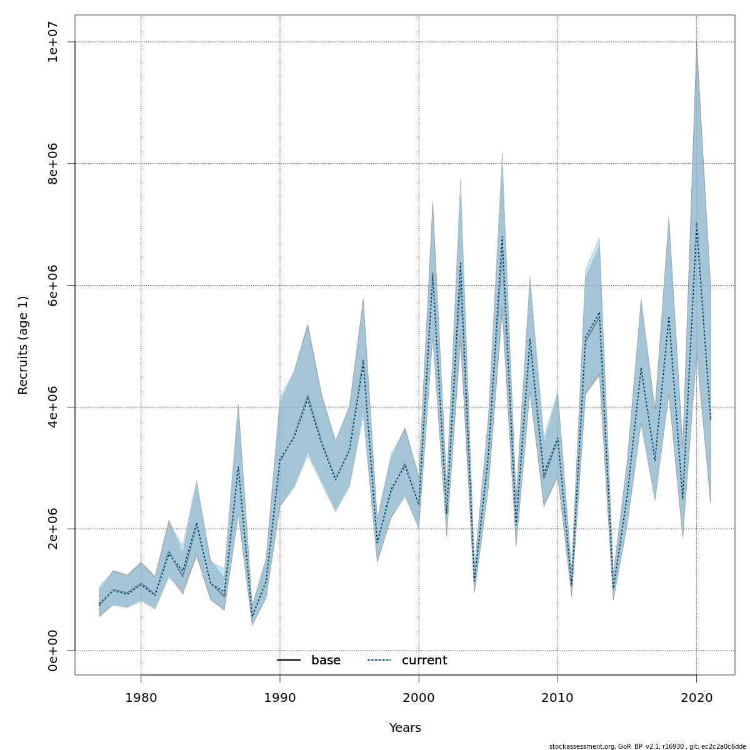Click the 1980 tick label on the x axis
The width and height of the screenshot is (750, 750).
(x=141, y=697)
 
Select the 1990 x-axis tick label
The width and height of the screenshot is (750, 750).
(x=279, y=697)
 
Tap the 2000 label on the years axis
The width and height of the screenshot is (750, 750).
(x=419, y=697)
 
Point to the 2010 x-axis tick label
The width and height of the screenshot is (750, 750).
(x=557, y=697)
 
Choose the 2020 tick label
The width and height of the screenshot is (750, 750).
(x=696, y=697)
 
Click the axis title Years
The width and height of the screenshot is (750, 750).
(x=405, y=728)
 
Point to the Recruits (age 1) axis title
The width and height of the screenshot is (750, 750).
(x=23, y=345)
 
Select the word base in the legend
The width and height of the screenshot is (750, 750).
(x=326, y=661)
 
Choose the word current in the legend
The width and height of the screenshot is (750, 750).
(x=424, y=661)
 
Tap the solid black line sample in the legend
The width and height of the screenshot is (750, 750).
(x=289, y=661)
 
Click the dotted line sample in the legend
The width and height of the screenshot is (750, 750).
(x=379, y=661)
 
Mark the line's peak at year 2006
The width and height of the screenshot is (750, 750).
(x=502, y=236)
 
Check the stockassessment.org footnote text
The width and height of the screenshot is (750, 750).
(x=647, y=746)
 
